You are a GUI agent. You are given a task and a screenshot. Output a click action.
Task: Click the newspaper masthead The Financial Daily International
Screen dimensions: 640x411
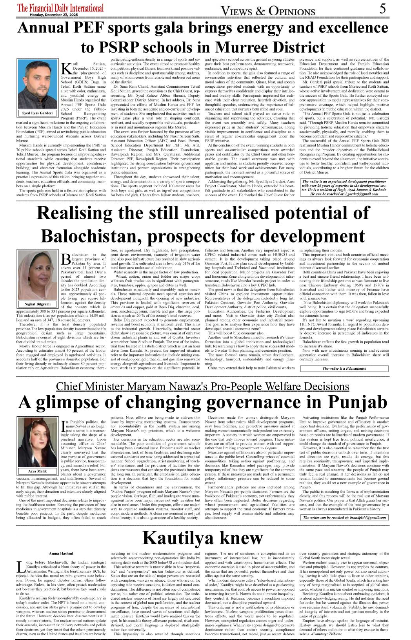click(61, 8)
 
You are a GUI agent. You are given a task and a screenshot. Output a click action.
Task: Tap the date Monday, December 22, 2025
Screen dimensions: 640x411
click(54, 15)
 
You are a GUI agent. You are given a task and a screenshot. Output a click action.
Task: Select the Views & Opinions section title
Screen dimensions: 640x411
click(268, 11)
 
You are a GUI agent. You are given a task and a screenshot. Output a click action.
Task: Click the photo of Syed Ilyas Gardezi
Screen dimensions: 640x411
click(37, 84)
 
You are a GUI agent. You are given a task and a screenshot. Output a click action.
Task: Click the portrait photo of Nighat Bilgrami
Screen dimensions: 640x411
click(37, 276)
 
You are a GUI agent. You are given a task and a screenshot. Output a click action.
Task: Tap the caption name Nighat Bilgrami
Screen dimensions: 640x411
click(37, 304)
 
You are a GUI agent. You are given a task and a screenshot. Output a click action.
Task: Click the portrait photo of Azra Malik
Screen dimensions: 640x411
click(37, 442)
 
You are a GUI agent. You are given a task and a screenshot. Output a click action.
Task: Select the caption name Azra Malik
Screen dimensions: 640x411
click(37, 471)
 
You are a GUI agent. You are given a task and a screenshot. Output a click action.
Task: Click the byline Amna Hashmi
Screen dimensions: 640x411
click(61, 553)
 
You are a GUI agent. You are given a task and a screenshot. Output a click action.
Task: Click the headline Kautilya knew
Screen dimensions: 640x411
click(202, 538)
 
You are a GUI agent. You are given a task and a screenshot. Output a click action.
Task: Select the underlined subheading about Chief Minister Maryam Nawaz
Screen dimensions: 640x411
click(202, 386)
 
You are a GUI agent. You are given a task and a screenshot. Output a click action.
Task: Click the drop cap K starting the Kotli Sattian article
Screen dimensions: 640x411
click(66, 68)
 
